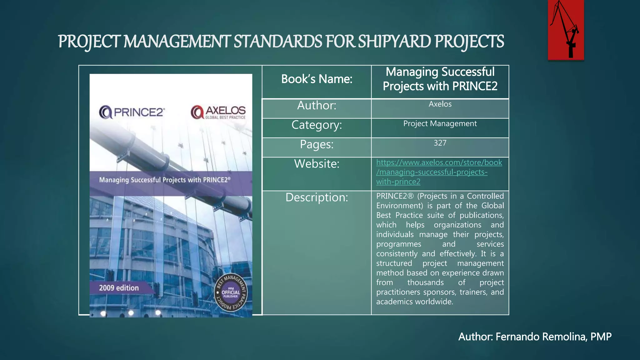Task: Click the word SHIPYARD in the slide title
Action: point(394,42)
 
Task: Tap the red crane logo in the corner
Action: point(566,30)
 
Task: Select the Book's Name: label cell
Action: point(317,79)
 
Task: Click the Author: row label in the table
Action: point(317,106)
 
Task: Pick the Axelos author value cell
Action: point(440,104)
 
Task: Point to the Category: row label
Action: point(317,125)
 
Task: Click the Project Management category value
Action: point(440,124)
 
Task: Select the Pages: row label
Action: point(317,144)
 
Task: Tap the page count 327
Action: point(440,143)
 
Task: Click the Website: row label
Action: point(317,164)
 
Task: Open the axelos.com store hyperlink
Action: point(439,172)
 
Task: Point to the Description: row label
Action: point(317,197)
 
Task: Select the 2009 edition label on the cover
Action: point(119,288)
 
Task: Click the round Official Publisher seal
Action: point(231,293)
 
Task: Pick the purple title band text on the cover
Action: point(165,180)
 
